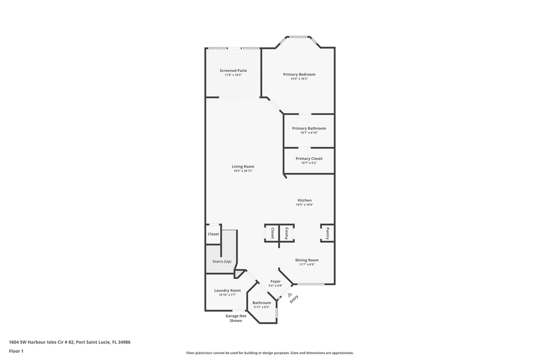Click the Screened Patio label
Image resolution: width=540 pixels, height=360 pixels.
(233, 70)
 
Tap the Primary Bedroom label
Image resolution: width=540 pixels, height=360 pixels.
(299, 74)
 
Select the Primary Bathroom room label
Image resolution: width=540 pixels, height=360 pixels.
(309, 128)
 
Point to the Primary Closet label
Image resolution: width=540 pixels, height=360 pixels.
(309, 158)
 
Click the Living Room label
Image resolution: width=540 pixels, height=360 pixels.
(243, 166)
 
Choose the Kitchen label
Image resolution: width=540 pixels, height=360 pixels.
(304, 200)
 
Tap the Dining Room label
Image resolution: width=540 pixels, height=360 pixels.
(306, 260)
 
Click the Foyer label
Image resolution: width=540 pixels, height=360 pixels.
(275, 281)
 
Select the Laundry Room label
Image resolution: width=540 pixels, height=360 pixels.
(227, 290)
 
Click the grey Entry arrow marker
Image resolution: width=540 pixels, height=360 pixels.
(290, 295)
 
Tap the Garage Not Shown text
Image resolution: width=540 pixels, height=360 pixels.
(236, 318)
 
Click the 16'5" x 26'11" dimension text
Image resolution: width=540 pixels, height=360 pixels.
(243, 171)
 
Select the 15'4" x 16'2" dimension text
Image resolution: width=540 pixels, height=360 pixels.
(299, 79)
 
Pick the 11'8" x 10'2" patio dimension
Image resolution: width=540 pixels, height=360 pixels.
(233, 75)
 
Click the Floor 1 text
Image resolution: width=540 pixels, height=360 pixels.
(16, 351)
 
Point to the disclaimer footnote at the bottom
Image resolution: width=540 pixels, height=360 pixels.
(270, 352)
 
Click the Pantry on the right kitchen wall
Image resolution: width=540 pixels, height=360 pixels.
(327, 233)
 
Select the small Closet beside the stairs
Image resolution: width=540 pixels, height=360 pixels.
(213, 234)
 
